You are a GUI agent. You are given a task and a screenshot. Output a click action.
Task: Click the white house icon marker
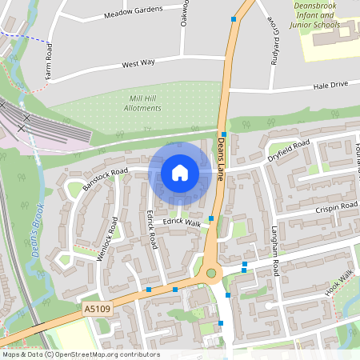pos(180,173)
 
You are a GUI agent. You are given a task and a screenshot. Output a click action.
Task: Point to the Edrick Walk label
pos(182,222)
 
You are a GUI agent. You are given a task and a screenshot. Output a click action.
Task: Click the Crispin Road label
pos(337,206)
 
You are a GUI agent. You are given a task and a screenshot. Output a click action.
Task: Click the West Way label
pos(138,63)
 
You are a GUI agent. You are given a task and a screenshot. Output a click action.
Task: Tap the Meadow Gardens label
pos(133,13)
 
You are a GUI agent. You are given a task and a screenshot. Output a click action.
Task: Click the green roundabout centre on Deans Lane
pos(211,274)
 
